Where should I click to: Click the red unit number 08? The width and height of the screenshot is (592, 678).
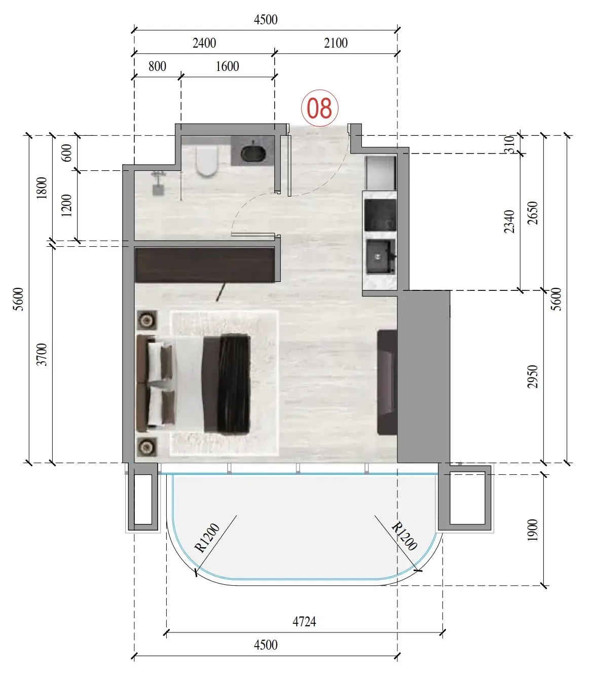(319, 108)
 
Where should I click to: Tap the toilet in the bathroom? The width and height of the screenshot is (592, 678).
(207, 161)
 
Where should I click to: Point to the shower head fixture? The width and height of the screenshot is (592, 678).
(158, 183)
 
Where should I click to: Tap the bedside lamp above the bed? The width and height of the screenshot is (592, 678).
(147, 320)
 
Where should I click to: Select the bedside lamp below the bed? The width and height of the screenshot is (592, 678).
(147, 447)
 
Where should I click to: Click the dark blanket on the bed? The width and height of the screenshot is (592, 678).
(234, 385)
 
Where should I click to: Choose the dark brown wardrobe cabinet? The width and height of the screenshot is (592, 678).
(205, 265)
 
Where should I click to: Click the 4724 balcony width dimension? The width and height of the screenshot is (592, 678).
(304, 622)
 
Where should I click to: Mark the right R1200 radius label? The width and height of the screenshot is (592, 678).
(404, 537)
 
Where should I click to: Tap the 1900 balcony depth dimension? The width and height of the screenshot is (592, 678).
(532, 530)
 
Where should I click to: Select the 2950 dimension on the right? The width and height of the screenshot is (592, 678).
(532, 376)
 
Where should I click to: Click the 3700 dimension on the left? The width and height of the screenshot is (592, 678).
(42, 355)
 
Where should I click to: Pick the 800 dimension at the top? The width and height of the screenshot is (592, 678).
(157, 66)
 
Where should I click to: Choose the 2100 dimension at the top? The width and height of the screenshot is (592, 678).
(336, 43)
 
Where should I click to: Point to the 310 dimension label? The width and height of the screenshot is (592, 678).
(509, 144)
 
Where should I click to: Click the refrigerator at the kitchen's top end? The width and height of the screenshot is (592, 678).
(381, 172)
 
